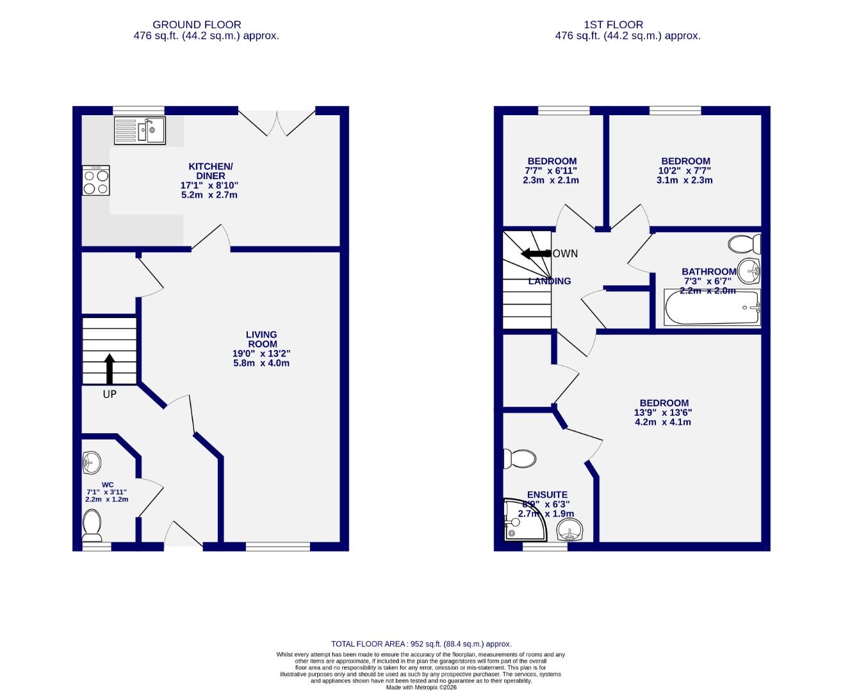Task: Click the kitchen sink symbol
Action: point(140,131)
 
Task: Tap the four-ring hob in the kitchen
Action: point(96,180)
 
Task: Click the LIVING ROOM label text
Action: point(261,339)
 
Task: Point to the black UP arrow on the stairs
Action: point(110,369)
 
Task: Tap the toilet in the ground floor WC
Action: point(92,525)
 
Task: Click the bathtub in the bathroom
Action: point(712,308)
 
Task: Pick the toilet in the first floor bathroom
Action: point(745,244)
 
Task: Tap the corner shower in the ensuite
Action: point(524,520)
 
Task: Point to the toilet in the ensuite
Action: point(520,459)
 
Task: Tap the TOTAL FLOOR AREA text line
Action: point(421,644)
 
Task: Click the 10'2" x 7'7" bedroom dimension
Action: point(685,171)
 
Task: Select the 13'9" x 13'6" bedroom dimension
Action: point(663,413)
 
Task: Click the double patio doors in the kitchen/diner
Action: point(277,122)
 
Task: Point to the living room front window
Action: point(277,546)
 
